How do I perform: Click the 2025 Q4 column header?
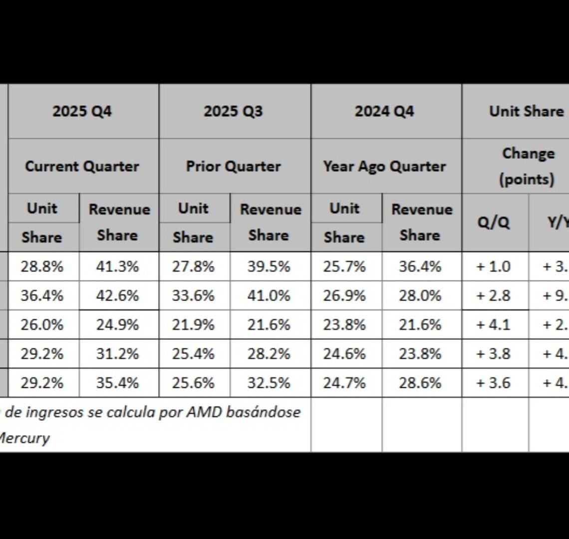(82, 111)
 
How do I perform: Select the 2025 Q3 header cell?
(233, 111)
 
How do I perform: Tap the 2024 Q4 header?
(384, 111)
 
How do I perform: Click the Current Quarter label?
(82, 166)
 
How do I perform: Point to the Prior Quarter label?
(233, 166)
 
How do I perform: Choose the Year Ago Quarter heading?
(384, 166)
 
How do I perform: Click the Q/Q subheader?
(494, 222)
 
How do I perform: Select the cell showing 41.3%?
(117, 267)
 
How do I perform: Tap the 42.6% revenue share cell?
(117, 295)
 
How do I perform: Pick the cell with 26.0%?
(42, 325)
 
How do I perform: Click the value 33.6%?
(193, 295)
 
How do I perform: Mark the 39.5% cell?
(269, 267)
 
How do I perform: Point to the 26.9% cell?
(344, 295)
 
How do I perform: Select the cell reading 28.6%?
(420, 383)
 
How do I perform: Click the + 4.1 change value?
(494, 325)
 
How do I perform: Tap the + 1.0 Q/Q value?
(494, 267)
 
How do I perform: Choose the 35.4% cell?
(117, 383)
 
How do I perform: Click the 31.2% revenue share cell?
(117, 354)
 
